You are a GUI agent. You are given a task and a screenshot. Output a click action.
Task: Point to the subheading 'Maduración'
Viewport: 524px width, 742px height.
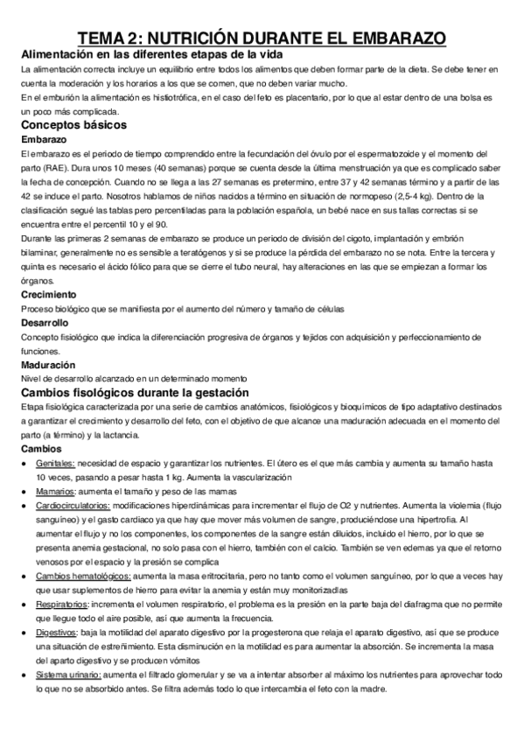[x=48, y=365]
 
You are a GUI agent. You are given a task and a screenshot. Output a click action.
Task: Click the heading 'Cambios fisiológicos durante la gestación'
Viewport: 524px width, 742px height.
[x=135, y=393]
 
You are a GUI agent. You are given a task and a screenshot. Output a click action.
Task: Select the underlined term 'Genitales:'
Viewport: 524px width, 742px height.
[x=56, y=463]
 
